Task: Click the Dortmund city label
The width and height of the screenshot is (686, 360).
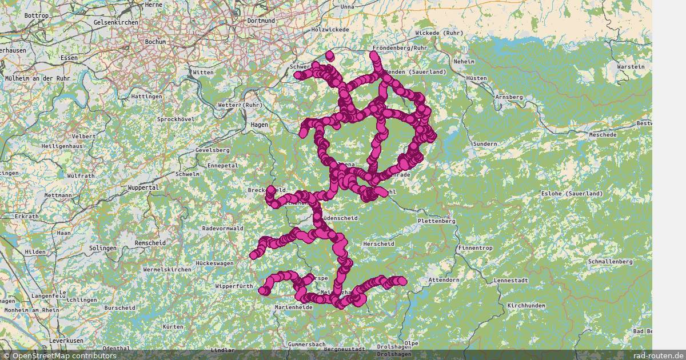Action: [x=261, y=21]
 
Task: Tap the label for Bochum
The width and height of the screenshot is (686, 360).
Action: [x=155, y=42]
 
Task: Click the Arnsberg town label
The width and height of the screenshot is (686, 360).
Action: [x=509, y=97]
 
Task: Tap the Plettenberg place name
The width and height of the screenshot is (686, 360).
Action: [x=436, y=221]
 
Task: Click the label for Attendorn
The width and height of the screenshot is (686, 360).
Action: [x=444, y=280]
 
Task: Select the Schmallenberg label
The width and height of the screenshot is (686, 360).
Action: [x=611, y=261]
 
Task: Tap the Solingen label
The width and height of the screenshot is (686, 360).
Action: [x=103, y=248]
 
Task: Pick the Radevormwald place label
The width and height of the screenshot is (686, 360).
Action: [x=223, y=229]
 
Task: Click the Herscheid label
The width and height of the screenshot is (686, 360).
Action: [x=378, y=244]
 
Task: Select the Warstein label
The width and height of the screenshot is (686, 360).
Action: [x=631, y=67]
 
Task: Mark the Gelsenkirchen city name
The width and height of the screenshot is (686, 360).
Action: [x=117, y=22]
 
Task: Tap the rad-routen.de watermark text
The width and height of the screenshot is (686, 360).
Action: [x=659, y=355]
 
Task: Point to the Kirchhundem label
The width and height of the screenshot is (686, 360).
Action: [x=527, y=306]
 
